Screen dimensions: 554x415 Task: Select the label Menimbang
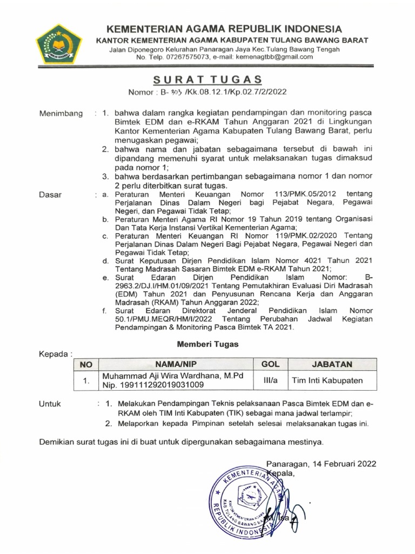pos(61,114)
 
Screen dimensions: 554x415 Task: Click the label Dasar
pos(50,195)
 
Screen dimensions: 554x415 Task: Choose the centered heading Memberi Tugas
pos(207,344)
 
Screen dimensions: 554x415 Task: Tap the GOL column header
pos(270,365)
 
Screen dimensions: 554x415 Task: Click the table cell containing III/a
pos(270,380)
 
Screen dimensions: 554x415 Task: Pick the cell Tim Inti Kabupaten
pos(327,381)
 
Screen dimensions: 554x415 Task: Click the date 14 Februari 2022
pos(342,464)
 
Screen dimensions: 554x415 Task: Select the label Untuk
pos(50,404)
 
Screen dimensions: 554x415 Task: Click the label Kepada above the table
pos(55,354)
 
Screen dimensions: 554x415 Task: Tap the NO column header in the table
pos(85,365)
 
